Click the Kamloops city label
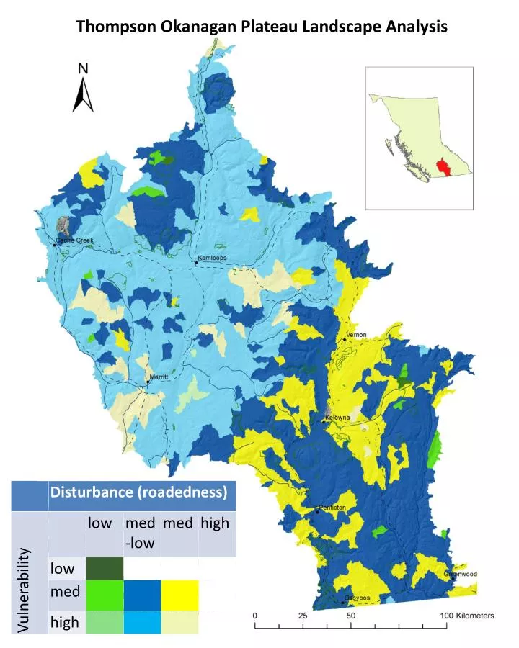[212, 258]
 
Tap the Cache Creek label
[75, 240]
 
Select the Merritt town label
[158, 377]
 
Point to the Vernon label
[357, 335]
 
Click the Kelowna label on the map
[337, 418]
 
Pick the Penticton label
[332, 508]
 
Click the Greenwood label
[461, 574]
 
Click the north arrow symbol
[84, 88]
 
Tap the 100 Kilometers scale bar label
[467, 616]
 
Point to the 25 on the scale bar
[303, 616]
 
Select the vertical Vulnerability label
[24, 590]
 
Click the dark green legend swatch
[105, 568]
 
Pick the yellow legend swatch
[179, 595]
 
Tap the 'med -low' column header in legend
[140, 533]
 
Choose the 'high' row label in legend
[65, 622]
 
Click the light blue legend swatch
[142, 622]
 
